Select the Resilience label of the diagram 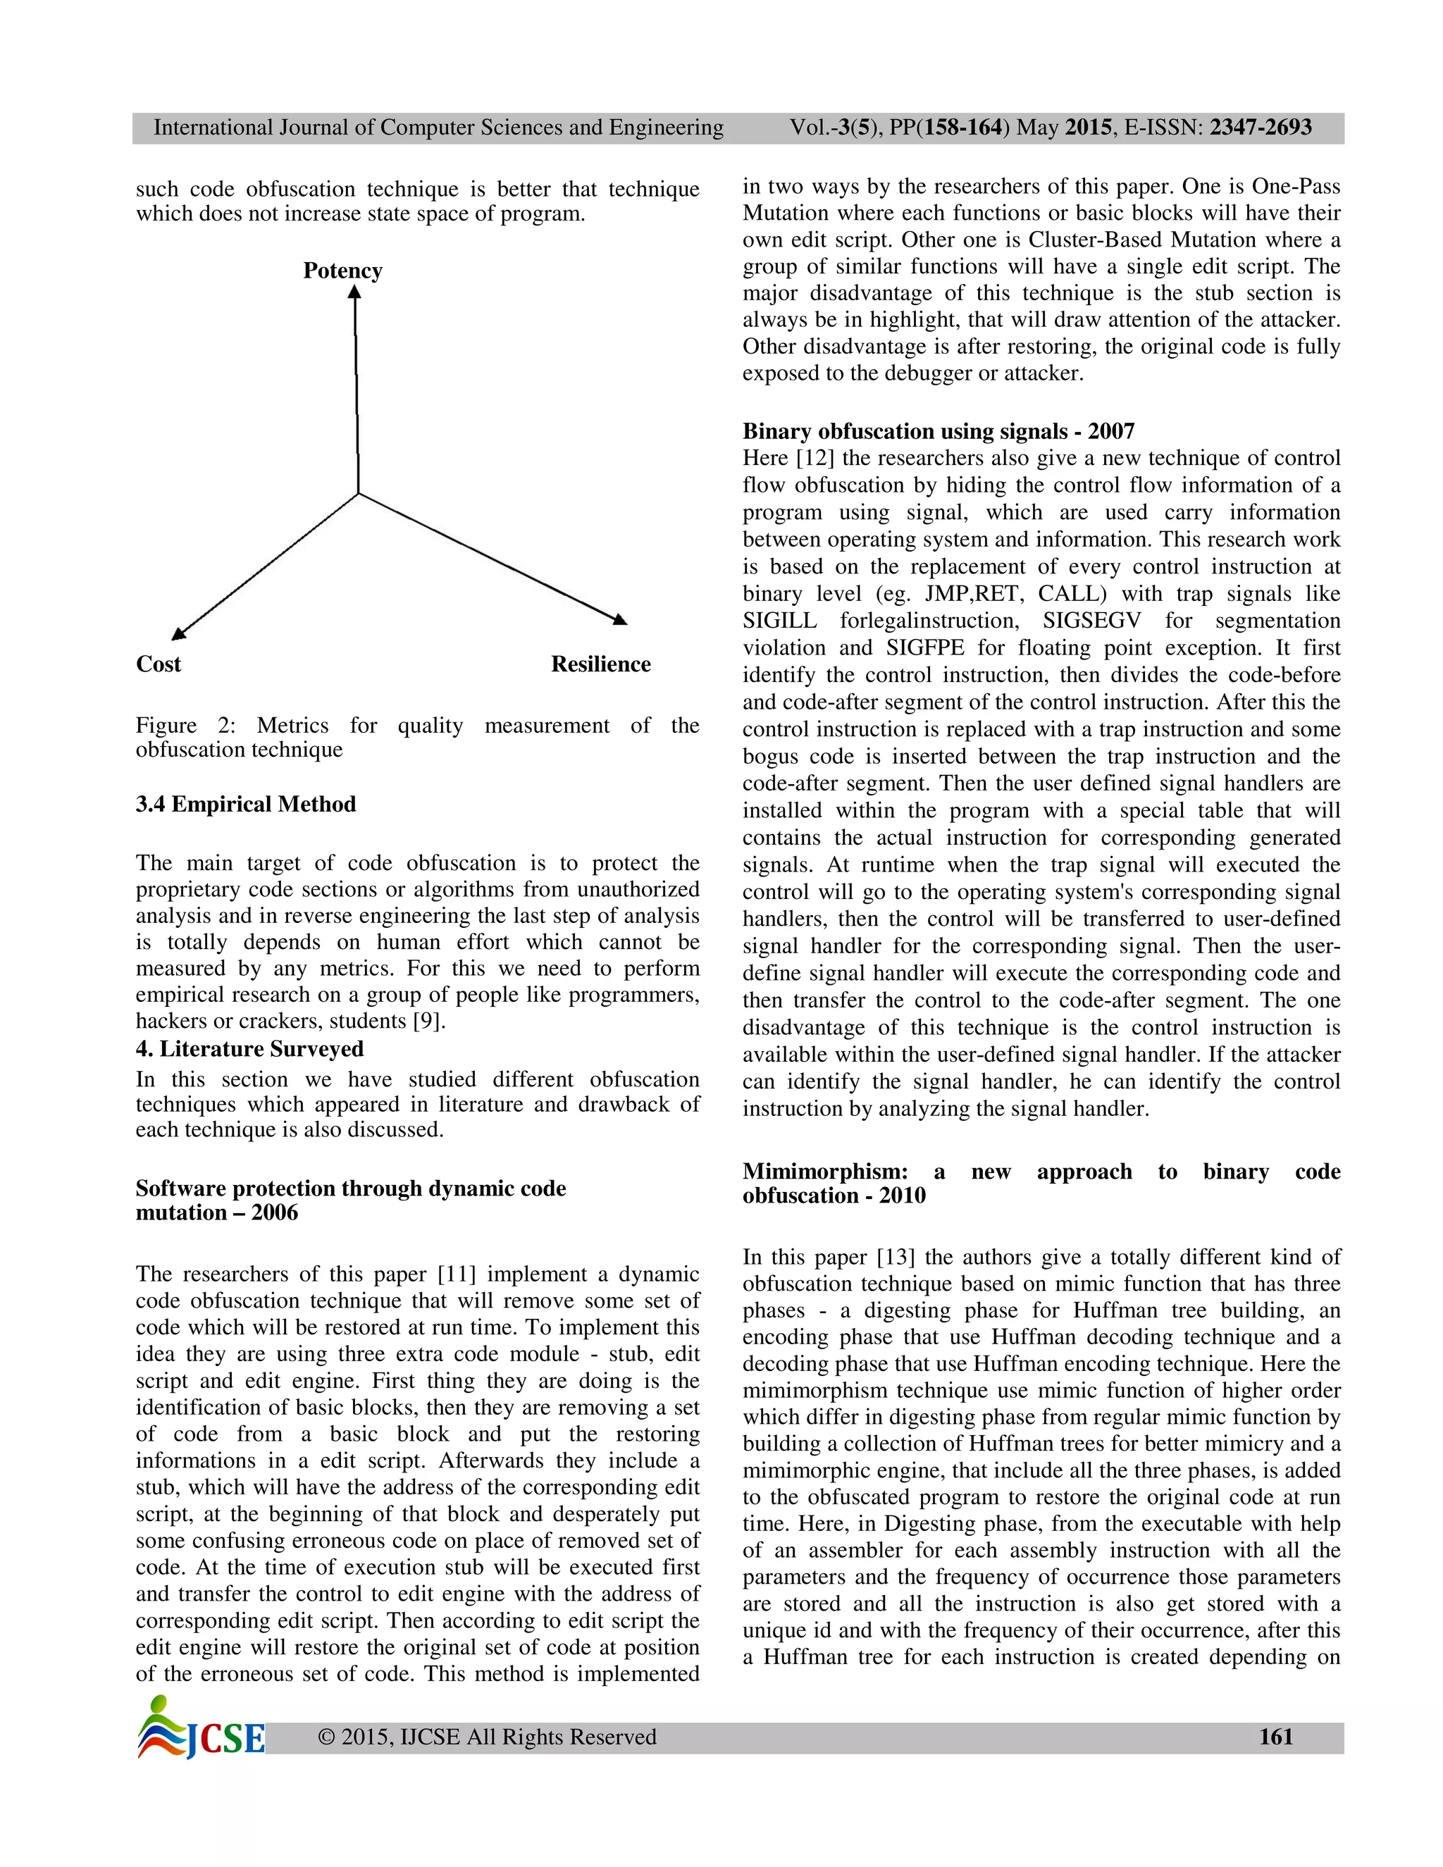pos(600,664)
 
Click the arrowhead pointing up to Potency pos(354,292)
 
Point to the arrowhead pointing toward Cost pos(178,633)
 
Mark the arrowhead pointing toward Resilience pos(621,620)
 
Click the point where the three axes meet pos(358,493)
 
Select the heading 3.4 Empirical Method pos(245,805)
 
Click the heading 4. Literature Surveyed pos(249,1049)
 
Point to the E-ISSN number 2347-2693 pos(1260,128)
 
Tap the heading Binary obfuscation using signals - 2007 pos(938,431)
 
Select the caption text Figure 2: pos(185,726)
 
